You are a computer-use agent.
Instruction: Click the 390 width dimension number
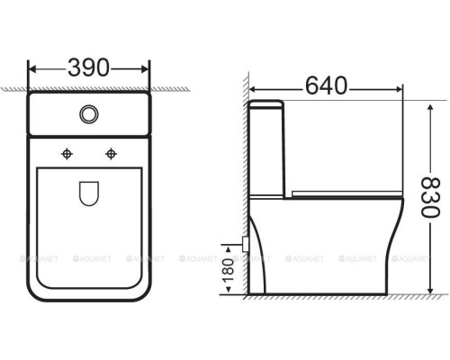point(89,67)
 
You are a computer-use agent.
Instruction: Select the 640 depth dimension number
point(325,87)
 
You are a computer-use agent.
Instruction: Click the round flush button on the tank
point(88,114)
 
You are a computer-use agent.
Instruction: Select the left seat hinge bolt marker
point(66,153)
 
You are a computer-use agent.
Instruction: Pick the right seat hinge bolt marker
point(111,153)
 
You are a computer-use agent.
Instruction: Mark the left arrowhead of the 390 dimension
point(32,67)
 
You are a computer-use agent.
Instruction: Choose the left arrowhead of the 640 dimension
point(253,88)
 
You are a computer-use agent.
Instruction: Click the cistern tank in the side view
point(267,148)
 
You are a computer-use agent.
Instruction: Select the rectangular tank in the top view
point(88,115)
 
